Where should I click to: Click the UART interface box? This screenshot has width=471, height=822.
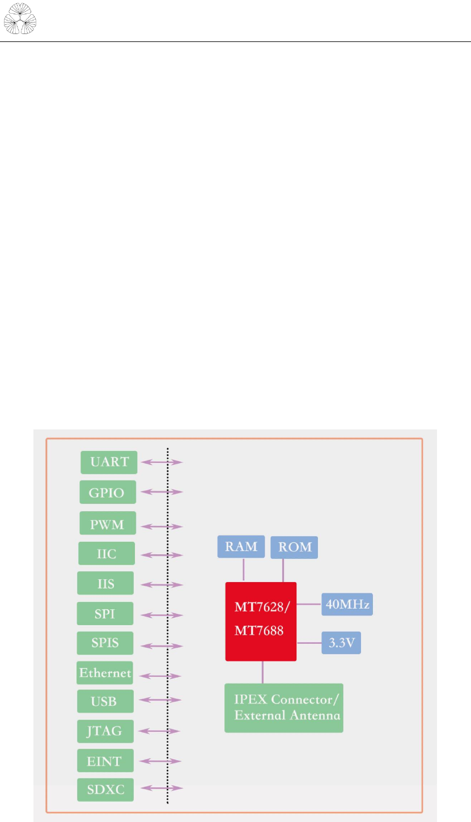(x=109, y=462)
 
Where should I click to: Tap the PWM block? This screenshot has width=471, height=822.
(x=108, y=524)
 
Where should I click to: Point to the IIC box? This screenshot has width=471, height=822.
(x=107, y=554)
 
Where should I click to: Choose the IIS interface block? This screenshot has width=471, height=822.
(x=106, y=583)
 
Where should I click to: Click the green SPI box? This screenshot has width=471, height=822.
(x=106, y=614)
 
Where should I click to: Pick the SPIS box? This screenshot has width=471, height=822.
(x=106, y=643)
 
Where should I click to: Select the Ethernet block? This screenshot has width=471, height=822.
(x=105, y=673)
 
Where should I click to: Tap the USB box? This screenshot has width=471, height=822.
(x=105, y=701)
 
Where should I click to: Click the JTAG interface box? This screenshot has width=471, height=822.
(x=105, y=731)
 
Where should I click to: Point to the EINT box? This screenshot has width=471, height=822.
(x=105, y=760)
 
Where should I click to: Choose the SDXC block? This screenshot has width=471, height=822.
(x=105, y=789)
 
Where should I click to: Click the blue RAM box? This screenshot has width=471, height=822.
(x=241, y=547)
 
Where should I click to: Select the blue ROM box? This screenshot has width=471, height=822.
(x=294, y=547)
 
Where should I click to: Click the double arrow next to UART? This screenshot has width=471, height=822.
(x=162, y=462)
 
